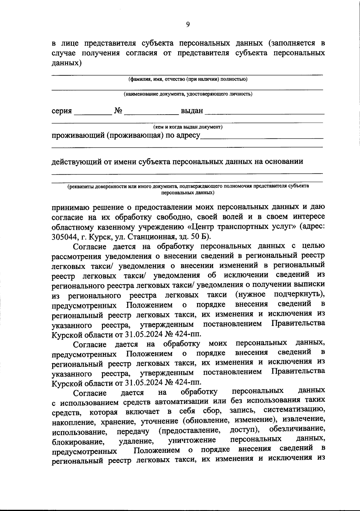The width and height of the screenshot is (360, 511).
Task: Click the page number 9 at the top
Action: click(188, 25)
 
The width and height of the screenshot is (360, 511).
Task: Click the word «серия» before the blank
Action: click(62, 111)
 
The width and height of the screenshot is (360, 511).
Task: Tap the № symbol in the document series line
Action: click(118, 111)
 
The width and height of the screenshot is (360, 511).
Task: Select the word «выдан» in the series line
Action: click(192, 111)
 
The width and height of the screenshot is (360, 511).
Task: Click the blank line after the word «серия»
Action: click(92, 113)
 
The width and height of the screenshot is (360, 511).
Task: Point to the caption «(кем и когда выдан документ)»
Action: click(188, 127)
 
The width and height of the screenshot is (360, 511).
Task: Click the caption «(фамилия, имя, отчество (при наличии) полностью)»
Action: click(188, 79)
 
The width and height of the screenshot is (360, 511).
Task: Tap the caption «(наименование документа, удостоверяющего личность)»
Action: click(188, 94)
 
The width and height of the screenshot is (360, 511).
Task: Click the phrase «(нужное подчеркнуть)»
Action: click(280, 295)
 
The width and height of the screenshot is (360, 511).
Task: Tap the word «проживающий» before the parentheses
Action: click(77, 136)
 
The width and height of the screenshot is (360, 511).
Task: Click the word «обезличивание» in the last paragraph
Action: click(297, 429)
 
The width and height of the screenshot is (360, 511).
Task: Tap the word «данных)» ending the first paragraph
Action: click(67, 63)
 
